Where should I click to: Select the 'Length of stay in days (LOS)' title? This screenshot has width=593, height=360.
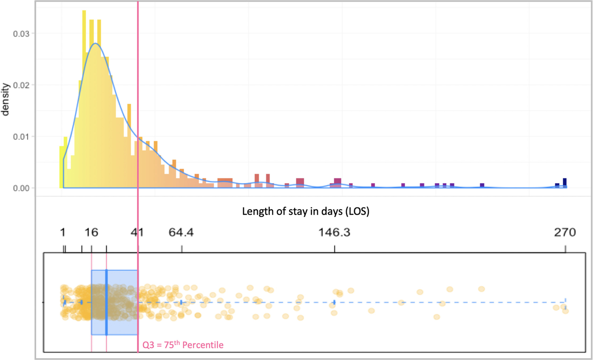[305, 212]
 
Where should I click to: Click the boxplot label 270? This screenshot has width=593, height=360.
[565, 233]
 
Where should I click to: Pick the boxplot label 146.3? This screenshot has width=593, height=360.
[334, 233]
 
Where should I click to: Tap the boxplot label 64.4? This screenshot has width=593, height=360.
[181, 233]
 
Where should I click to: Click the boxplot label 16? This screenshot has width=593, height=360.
[91, 233]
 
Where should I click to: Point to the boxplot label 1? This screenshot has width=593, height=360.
[63, 233]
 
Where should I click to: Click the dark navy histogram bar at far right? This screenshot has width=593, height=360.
[565, 182]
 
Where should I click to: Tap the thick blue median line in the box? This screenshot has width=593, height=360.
[106, 302]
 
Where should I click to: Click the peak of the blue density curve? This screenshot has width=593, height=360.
[95, 44]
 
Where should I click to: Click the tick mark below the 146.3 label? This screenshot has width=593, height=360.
[334, 249]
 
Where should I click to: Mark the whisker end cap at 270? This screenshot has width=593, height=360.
[566, 302]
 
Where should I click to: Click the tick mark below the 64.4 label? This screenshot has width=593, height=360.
[182, 249]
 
